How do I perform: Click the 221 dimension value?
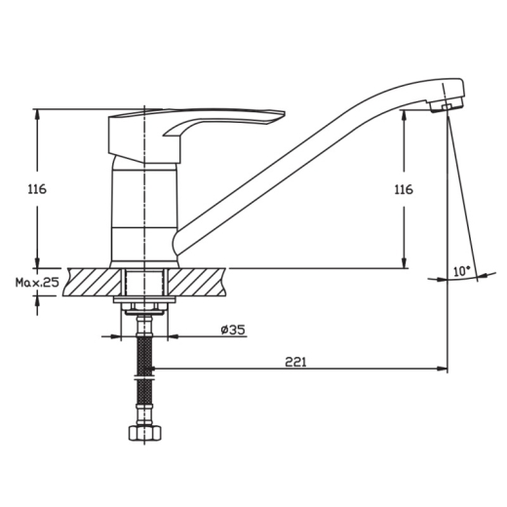coord(295,362)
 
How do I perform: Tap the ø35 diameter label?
coord(233,330)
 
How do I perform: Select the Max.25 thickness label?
coord(37,282)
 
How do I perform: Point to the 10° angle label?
coord(462,271)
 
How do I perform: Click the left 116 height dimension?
coord(37,189)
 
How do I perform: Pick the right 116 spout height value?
coord(404,189)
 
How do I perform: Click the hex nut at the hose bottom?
coord(145,433)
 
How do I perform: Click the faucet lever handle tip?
coord(282,114)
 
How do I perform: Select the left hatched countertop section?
coord(92,282)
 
